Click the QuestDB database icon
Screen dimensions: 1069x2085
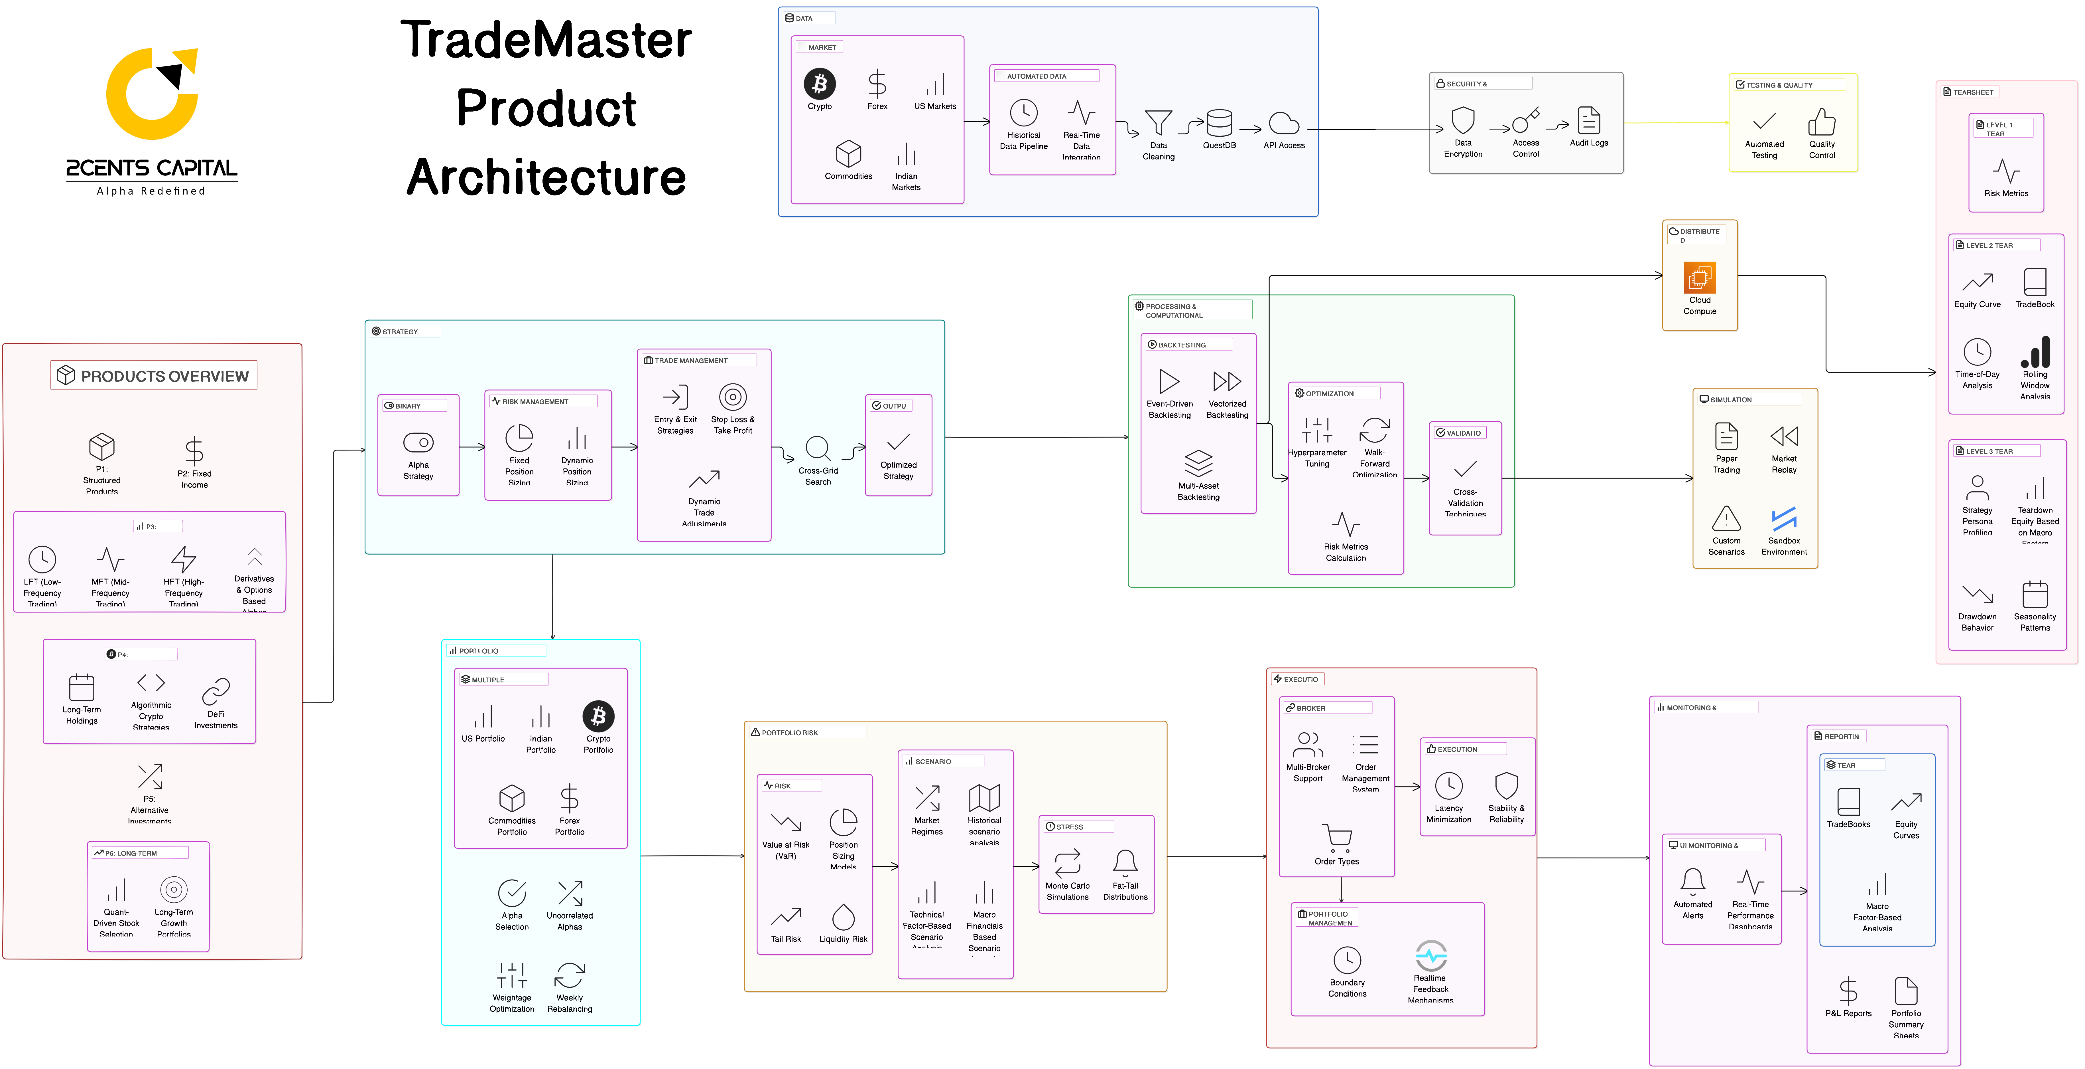1219,123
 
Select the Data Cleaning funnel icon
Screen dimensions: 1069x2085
1158,123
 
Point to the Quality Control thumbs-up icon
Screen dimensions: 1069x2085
1822,122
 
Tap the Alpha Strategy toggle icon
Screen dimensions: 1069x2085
418,442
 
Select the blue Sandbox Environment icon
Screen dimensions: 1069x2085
1784,518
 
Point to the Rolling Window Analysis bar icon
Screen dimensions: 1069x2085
2035,352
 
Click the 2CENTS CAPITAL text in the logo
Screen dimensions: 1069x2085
151,168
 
